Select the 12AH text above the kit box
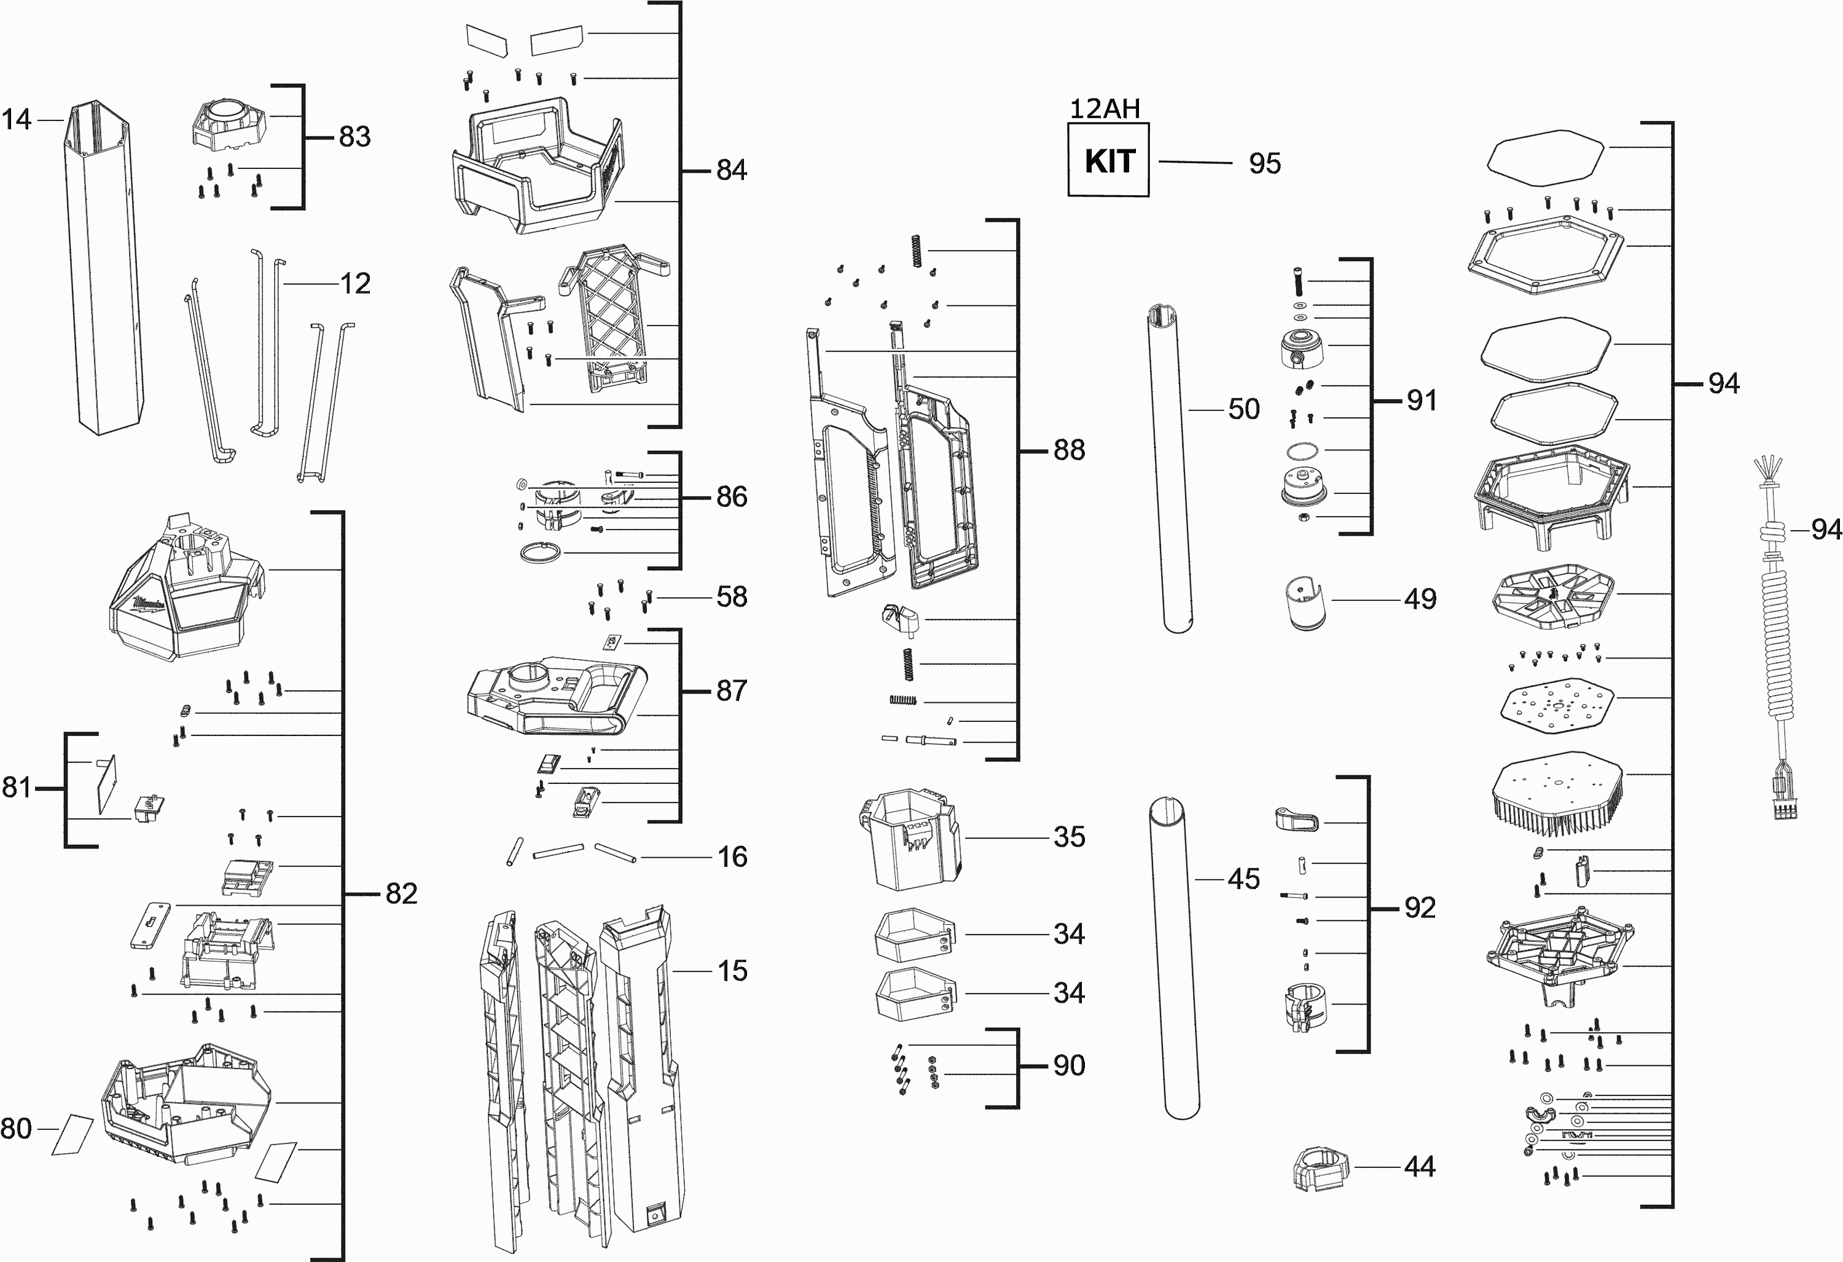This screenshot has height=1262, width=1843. [1105, 109]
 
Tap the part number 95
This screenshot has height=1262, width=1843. [1264, 163]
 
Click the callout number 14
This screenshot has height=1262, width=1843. [17, 120]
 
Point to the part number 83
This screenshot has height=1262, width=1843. [354, 137]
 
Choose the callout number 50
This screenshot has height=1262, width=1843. [1243, 409]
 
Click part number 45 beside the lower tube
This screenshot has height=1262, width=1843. [1243, 879]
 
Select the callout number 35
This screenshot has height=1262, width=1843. [1069, 837]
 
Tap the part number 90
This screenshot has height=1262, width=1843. [1069, 1065]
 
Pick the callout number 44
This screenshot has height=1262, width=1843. [1420, 1167]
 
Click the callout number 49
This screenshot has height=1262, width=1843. [1420, 599]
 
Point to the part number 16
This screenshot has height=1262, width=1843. [732, 856]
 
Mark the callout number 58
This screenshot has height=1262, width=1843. [731, 597]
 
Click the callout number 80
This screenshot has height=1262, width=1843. [17, 1129]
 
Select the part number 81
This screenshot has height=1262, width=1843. [17, 788]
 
